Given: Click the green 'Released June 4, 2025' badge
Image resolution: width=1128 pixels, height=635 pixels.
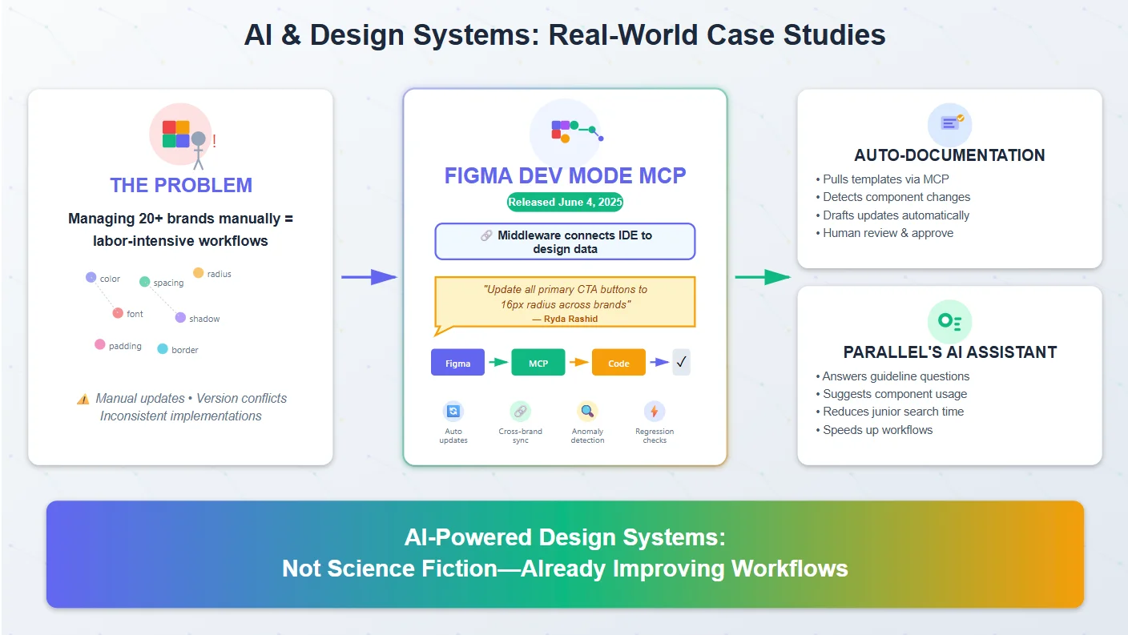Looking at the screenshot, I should (x=565, y=202).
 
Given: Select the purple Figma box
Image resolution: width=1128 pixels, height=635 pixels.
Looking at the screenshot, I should (x=457, y=363).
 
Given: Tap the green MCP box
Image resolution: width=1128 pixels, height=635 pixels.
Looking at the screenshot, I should (x=538, y=363).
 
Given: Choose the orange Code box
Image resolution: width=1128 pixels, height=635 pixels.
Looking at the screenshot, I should (x=618, y=363).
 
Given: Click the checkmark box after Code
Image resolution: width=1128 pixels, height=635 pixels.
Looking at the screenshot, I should (x=681, y=362).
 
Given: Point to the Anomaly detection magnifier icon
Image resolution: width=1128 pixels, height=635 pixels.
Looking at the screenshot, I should (x=587, y=412).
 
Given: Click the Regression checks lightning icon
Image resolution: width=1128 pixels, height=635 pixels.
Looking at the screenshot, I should (x=655, y=412).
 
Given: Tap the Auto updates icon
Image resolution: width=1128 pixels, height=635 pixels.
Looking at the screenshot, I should (x=453, y=412).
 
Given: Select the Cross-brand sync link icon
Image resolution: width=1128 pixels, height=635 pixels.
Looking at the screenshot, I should (x=520, y=412).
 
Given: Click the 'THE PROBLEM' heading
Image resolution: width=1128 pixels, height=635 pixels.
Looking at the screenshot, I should (x=181, y=185).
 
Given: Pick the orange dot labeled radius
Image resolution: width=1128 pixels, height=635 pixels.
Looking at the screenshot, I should (x=199, y=273).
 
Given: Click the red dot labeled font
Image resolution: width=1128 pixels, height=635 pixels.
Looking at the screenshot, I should (x=118, y=313).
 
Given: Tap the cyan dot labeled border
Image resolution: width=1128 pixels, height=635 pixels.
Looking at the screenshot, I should (x=163, y=349).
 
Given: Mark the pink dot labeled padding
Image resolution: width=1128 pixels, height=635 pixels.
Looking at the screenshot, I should (x=100, y=344).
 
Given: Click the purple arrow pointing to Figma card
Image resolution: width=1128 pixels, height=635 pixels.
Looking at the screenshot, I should (x=369, y=277).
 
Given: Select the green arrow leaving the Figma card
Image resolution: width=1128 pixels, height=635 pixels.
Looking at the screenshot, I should (x=762, y=277).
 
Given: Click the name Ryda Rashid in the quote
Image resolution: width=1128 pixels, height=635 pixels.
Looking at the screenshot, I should (x=565, y=319).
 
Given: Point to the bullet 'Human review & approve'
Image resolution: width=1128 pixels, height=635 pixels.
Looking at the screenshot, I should (x=888, y=233).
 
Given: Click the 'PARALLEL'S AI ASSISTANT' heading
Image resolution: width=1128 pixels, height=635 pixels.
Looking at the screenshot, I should (x=949, y=352).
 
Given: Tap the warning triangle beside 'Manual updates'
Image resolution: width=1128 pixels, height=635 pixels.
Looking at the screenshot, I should (x=83, y=399).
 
